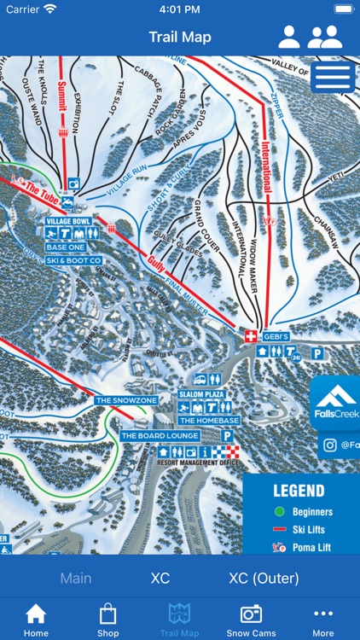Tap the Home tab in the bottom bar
coord(36,620)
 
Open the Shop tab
coord(107,620)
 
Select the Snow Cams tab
coord(251,620)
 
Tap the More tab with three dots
coord(322,620)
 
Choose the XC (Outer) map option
coord(264,579)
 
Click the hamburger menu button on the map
coord(333,77)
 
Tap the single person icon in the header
coord(289,37)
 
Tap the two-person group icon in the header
coord(325,37)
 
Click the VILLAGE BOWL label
coord(68,221)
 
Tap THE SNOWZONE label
coord(126,400)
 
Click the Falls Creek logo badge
coord(336,403)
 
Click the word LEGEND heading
coord(299,491)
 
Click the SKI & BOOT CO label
coord(73,260)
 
